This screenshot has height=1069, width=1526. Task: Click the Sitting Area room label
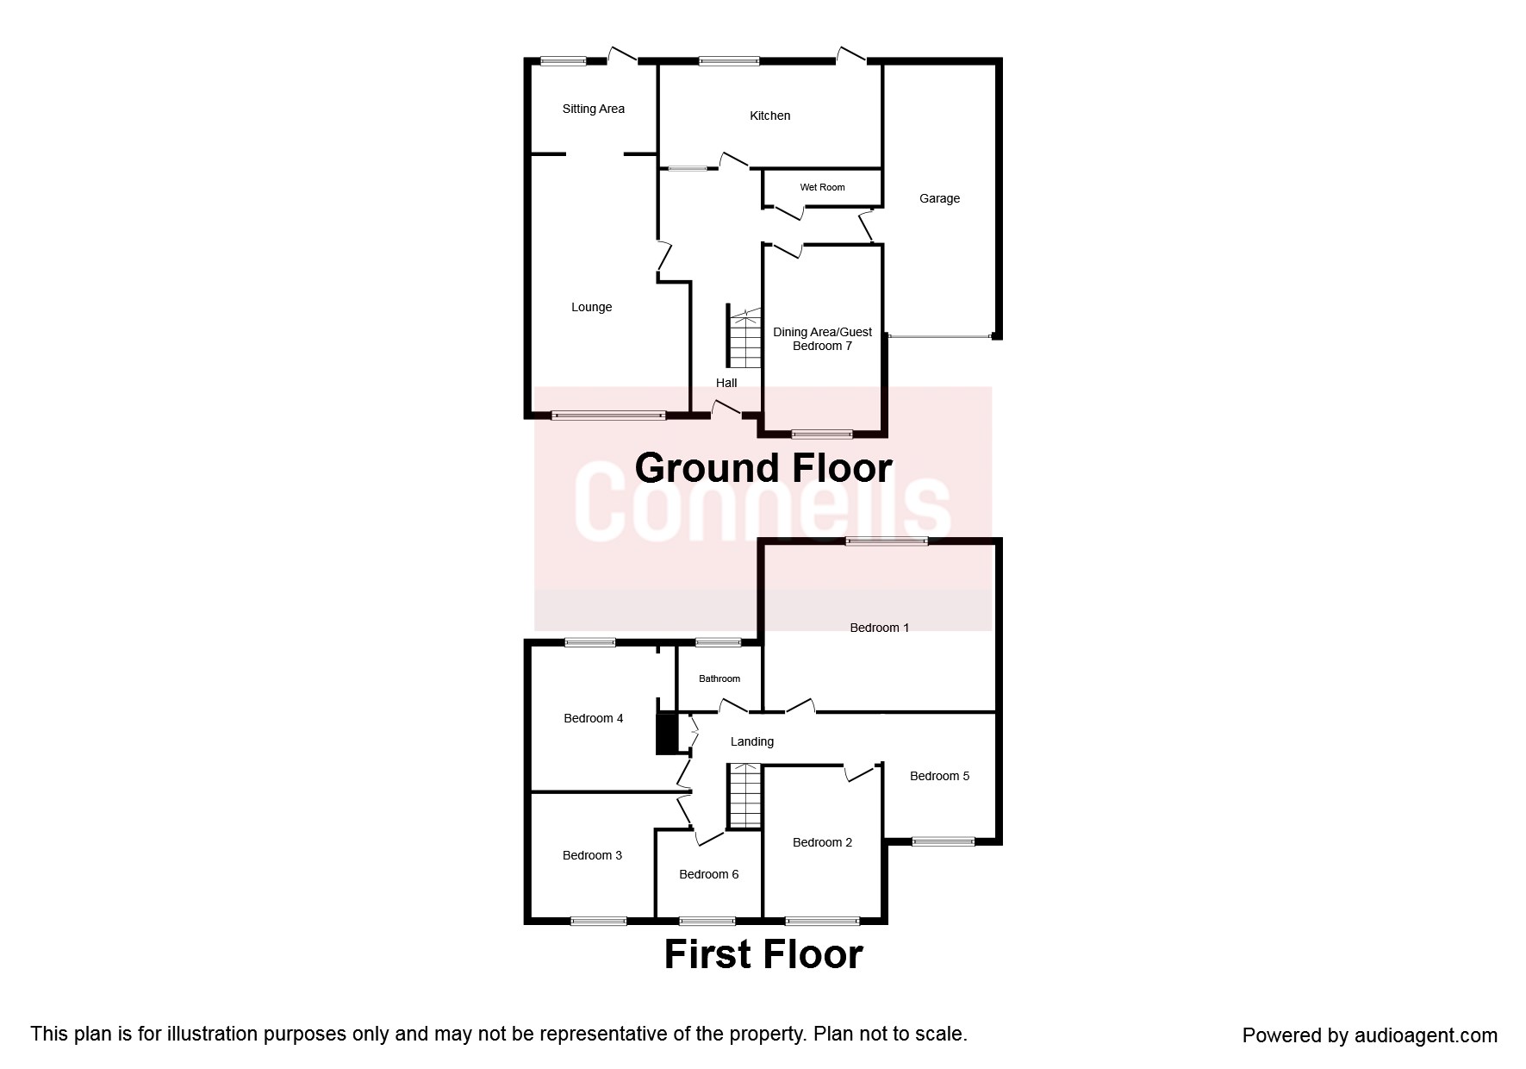tap(593, 109)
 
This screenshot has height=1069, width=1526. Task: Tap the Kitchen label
tap(769, 116)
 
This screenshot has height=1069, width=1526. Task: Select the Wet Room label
tap(822, 187)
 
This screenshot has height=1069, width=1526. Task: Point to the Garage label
tap(939, 198)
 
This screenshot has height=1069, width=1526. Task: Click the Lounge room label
tap(591, 307)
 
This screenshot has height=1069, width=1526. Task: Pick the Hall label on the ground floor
tap(726, 383)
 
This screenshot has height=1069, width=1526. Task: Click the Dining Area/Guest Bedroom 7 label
tap(822, 339)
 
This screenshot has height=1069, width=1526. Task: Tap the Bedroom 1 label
tap(879, 628)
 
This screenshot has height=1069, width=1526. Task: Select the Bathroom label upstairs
tap(719, 678)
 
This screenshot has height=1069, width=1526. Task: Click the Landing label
tap(751, 741)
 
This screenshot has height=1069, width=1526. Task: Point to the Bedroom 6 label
tap(708, 874)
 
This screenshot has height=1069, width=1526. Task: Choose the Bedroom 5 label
tap(939, 776)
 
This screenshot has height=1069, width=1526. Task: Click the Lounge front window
tap(608, 416)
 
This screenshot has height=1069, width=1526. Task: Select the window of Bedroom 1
tap(887, 541)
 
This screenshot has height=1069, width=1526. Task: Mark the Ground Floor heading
tap(763, 468)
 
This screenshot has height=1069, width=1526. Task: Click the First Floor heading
tap(763, 954)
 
